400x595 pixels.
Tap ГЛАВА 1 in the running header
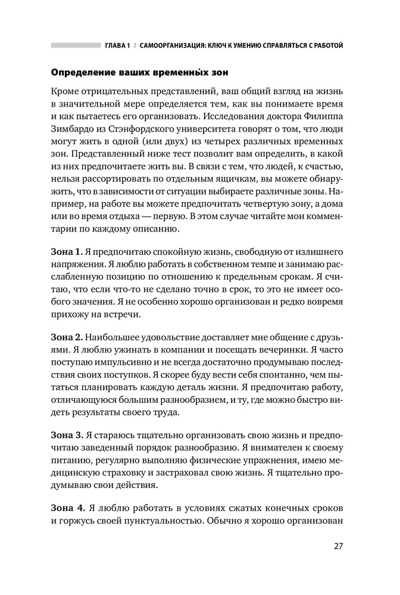[x=117, y=45]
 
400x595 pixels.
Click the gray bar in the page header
[x=76, y=45]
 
